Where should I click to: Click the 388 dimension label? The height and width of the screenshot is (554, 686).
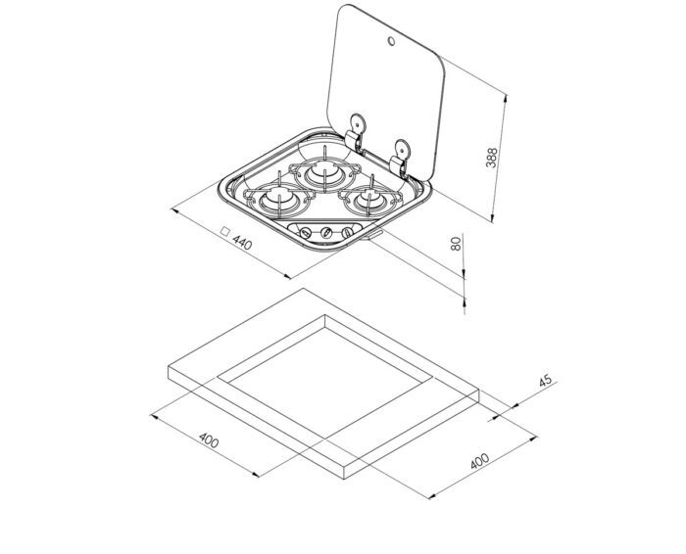click(492, 158)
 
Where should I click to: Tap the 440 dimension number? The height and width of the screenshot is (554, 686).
click(242, 243)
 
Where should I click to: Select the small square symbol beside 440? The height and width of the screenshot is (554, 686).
click(224, 231)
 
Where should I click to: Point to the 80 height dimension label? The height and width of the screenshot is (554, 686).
click(456, 244)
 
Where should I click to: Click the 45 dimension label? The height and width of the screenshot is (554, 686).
click(545, 381)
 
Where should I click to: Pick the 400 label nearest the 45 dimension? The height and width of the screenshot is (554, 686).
click(479, 461)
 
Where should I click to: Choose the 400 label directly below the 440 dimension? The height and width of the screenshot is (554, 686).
click(209, 440)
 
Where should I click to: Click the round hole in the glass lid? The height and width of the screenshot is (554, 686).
click(391, 41)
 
